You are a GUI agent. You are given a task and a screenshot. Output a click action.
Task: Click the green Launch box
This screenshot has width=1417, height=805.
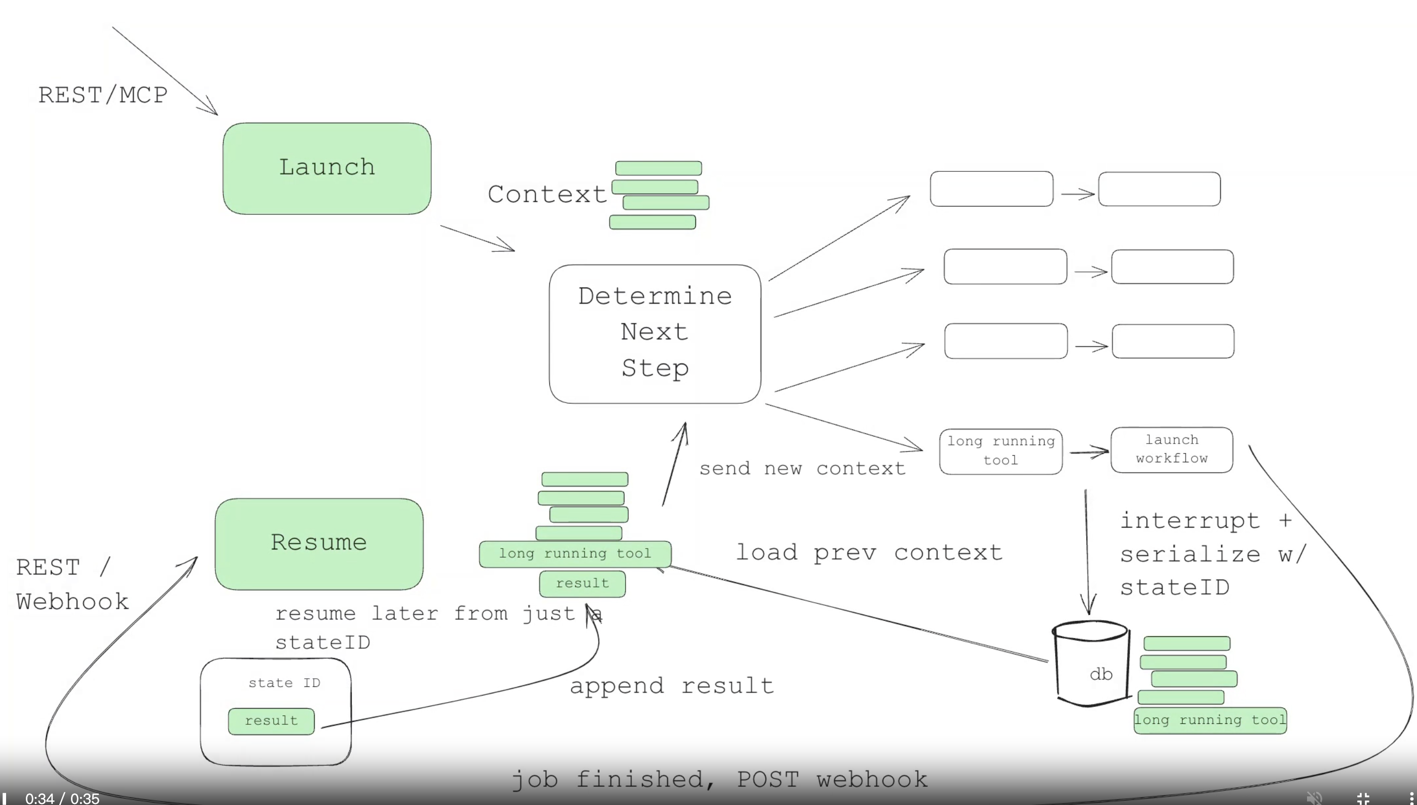pos(326,168)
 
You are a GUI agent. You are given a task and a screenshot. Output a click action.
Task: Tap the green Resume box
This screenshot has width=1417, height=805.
pos(319,543)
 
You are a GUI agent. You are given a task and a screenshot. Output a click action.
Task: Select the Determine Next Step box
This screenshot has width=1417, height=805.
pos(655,334)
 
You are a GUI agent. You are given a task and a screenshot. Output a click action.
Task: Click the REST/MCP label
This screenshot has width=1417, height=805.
pos(103,95)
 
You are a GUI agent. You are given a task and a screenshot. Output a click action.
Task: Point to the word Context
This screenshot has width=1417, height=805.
pos(547,195)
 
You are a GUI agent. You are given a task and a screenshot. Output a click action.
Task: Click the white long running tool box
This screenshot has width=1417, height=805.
pos(1000,451)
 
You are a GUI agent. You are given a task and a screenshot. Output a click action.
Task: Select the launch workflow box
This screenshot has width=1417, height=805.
pos(1172,450)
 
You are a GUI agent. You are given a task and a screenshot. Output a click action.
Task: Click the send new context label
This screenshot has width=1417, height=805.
pos(802,469)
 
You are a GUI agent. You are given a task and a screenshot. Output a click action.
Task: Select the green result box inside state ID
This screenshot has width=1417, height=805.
pos(271,721)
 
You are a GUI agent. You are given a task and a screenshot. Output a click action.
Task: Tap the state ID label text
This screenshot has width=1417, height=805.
pos(284,683)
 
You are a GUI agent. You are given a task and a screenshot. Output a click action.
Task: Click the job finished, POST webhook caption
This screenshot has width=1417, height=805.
pos(719,780)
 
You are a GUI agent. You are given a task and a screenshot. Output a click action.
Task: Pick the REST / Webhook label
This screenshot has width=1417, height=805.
pos(72,584)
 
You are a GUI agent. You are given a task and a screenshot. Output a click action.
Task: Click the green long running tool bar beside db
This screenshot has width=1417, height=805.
pos(1210,720)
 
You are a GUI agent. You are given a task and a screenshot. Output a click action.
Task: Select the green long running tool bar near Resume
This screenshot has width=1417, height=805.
pos(575,554)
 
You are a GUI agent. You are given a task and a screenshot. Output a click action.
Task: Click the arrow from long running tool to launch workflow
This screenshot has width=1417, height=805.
pos(1088,452)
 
